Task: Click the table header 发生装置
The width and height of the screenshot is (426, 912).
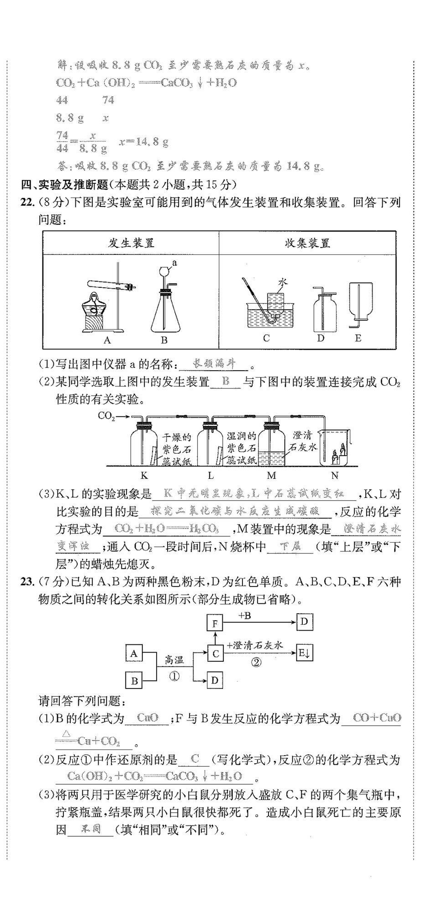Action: pyautogui.click(x=131, y=243)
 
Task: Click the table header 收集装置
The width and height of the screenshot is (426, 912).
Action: pyautogui.click(x=307, y=243)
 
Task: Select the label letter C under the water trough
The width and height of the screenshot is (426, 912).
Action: pyautogui.click(x=267, y=338)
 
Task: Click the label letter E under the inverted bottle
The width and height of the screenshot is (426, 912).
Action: pyautogui.click(x=358, y=338)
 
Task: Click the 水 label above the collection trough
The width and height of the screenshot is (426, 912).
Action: pyautogui.click(x=283, y=283)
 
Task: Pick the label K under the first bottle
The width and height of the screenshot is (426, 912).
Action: pyautogui.click(x=144, y=476)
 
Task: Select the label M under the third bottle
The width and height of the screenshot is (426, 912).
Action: pyautogui.click(x=272, y=476)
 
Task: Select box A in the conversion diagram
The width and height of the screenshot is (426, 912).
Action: pyautogui.click(x=134, y=653)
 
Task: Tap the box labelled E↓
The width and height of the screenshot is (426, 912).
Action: pyautogui.click(x=305, y=653)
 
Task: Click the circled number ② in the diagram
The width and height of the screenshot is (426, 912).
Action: pyautogui.click(x=257, y=662)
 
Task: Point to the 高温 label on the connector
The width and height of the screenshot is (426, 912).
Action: pyautogui.click(x=174, y=659)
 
